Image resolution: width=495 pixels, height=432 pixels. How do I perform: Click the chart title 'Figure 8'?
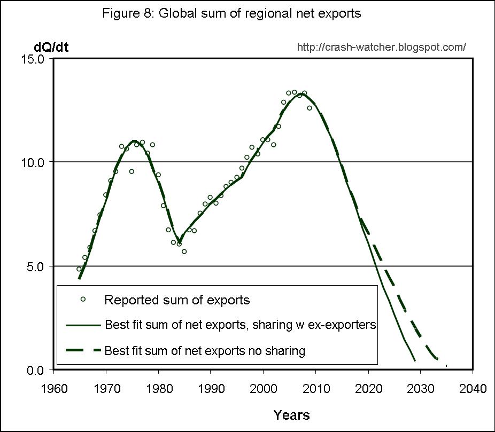click(x=231, y=13)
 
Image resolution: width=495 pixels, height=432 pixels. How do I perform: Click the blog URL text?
click(x=381, y=47)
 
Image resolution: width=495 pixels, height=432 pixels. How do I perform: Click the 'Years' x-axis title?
click(x=291, y=414)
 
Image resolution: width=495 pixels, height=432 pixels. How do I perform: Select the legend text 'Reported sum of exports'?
click(x=177, y=300)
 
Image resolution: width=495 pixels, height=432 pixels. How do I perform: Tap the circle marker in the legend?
click(x=83, y=299)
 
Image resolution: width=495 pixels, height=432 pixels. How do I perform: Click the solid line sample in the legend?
click(x=83, y=325)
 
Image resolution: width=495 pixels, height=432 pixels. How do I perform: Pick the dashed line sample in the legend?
click(x=83, y=350)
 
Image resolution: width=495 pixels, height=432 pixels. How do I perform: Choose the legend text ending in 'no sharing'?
click(x=205, y=351)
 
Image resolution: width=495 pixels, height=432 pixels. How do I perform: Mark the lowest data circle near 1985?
click(x=184, y=252)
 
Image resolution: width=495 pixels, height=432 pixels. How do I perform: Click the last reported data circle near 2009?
click(x=310, y=108)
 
